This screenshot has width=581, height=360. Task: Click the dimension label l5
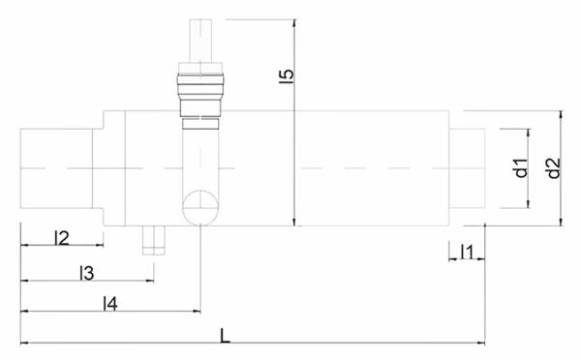point(286,75)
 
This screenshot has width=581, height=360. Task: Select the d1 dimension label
point(521,167)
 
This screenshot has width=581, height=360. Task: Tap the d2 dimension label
point(554,168)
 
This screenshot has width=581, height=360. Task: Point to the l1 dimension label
point(467,252)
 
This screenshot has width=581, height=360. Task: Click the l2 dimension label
point(62,238)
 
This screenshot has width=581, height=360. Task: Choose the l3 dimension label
point(87,273)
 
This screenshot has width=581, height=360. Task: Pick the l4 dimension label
point(110,304)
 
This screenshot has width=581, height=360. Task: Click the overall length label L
point(225,336)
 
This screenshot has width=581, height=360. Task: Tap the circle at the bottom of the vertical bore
point(200,207)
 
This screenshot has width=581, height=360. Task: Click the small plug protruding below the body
point(153,240)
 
